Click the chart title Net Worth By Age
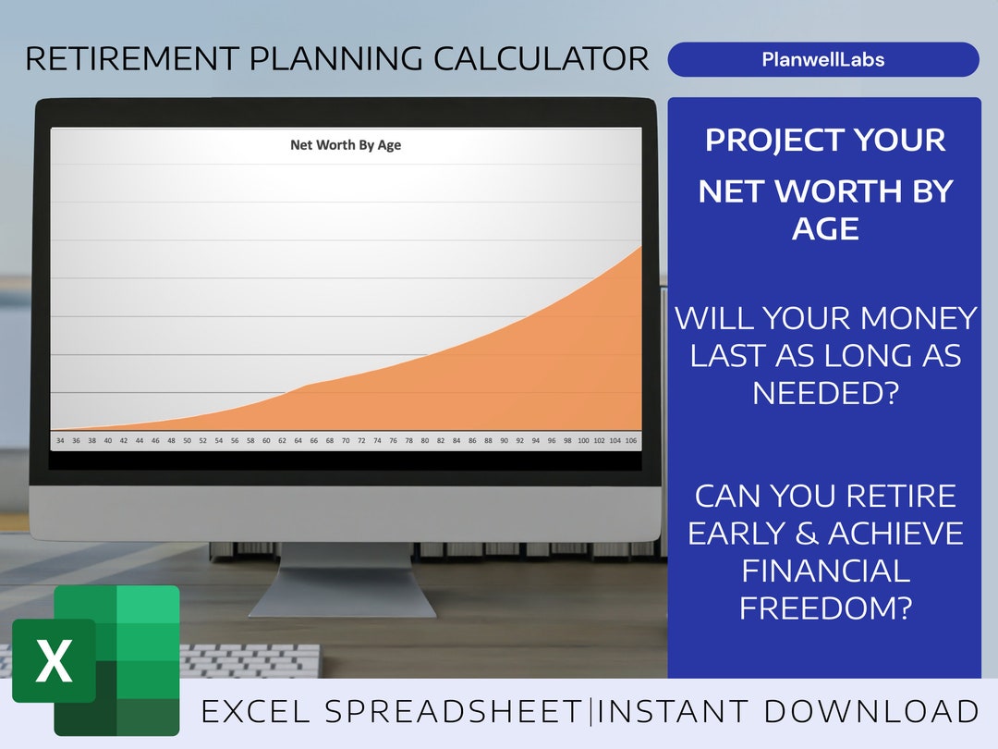[x=346, y=145]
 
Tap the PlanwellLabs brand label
[x=823, y=59]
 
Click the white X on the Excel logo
[x=55, y=660]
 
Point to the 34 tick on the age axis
[x=60, y=440]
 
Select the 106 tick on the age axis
[x=631, y=440]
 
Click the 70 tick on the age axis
[x=346, y=440]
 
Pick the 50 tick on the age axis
[x=187, y=440]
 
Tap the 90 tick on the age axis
[x=505, y=440]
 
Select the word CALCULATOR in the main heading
[x=541, y=58]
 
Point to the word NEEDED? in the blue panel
[x=825, y=393]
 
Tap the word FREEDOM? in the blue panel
[x=825, y=608]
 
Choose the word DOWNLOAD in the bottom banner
[x=872, y=711]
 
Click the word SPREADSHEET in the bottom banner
[x=454, y=711]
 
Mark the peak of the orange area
[x=641, y=247]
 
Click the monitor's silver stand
[x=344, y=580]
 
